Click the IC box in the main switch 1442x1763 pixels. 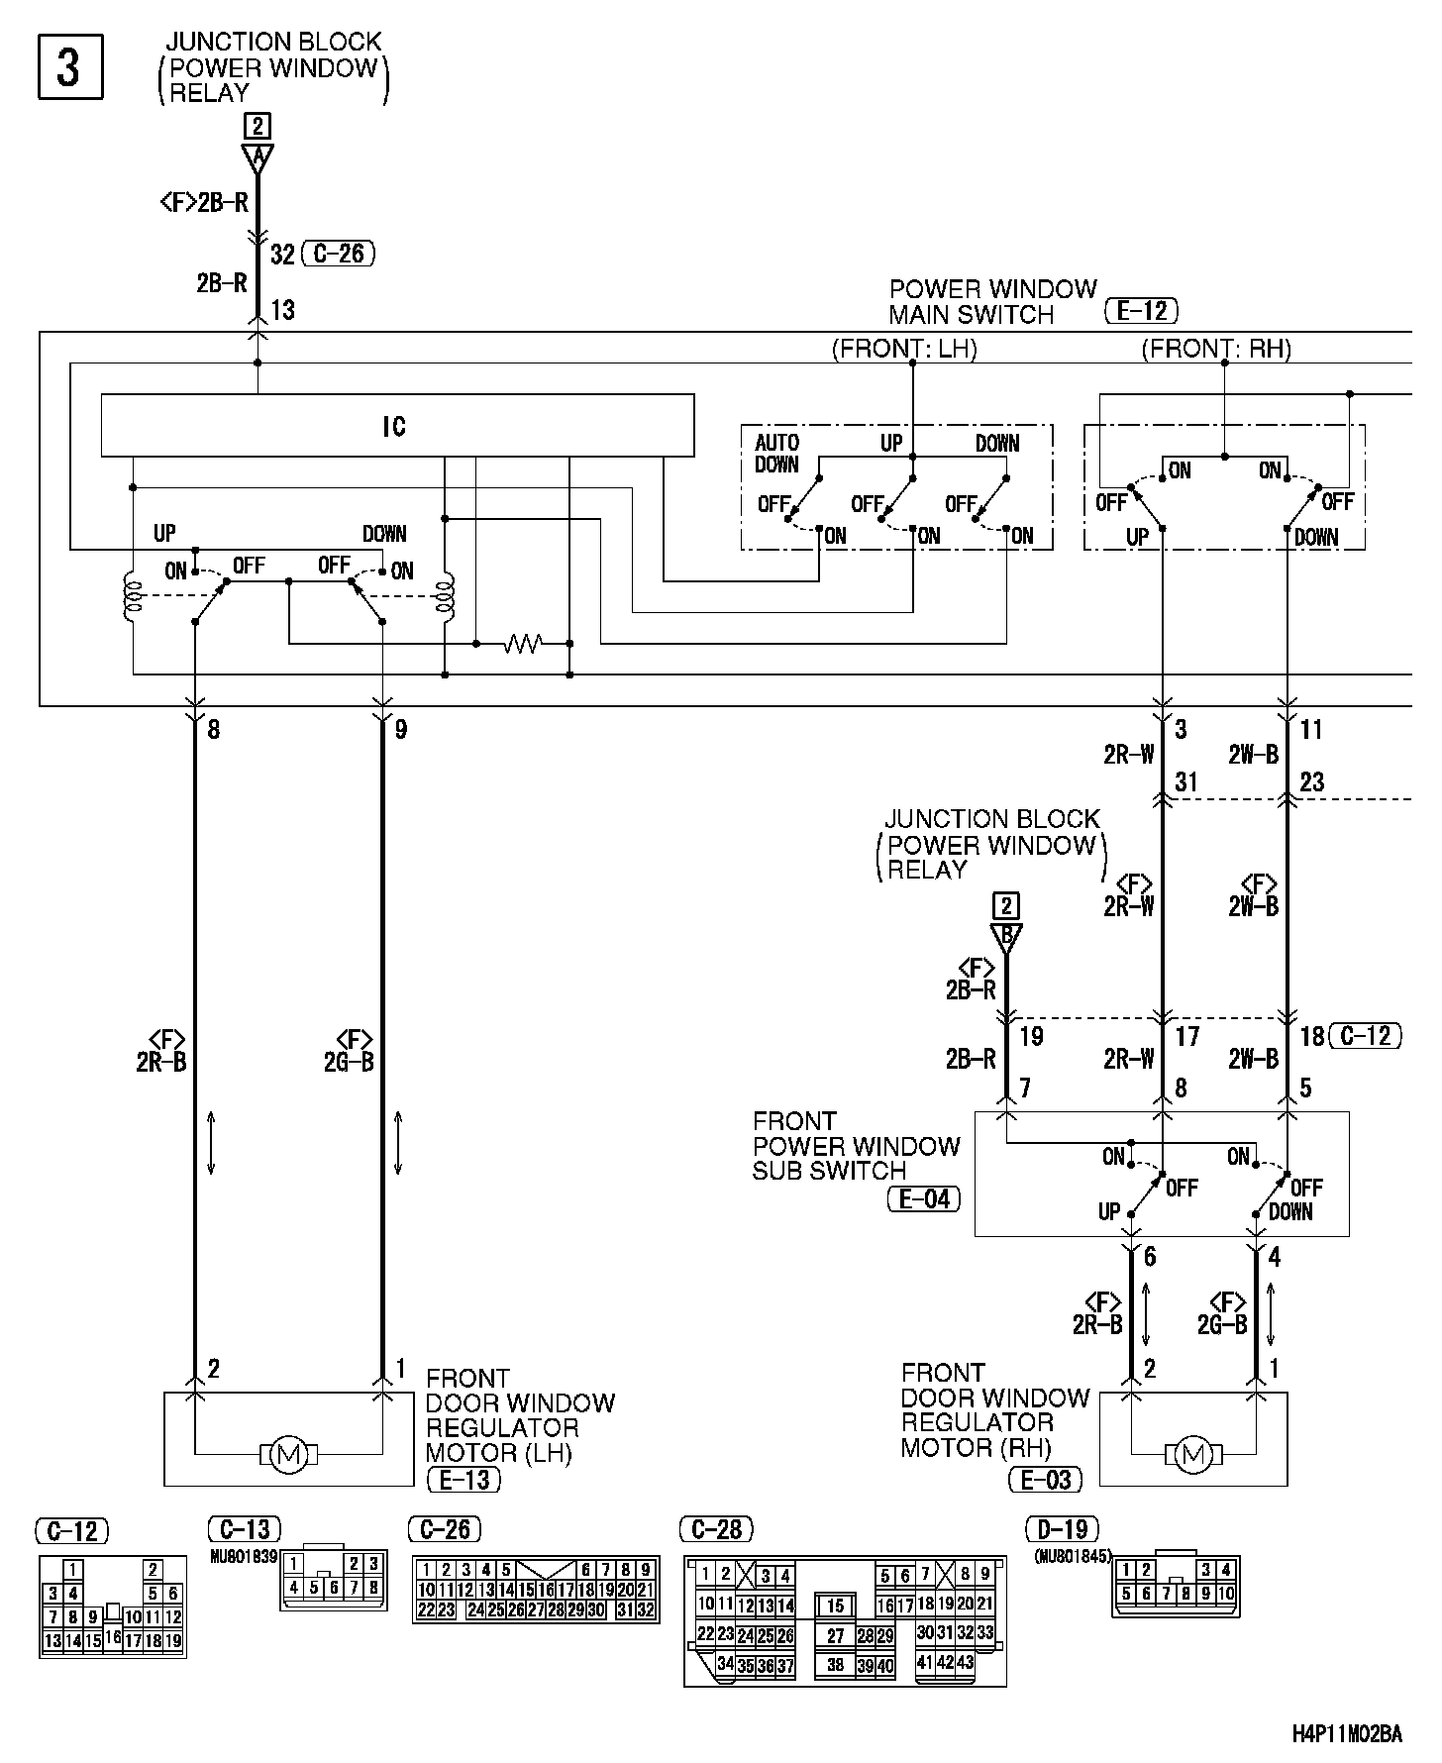[396, 426]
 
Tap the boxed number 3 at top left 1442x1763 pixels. [69, 67]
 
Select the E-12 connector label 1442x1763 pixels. [1141, 311]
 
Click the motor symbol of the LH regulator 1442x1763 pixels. [289, 1454]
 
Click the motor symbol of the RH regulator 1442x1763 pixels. [1192, 1454]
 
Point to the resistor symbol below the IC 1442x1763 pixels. [522, 644]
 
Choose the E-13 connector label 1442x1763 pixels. [463, 1480]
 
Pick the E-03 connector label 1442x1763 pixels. [1045, 1480]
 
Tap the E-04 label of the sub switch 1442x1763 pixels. [923, 1199]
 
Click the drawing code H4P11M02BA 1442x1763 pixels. [1347, 1733]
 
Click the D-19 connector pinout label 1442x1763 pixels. [1063, 1530]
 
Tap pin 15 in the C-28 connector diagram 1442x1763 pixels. [835, 1605]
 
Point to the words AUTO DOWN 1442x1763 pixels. [777, 453]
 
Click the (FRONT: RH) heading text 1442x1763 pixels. [1216, 349]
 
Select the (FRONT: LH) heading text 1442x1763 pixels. [903, 349]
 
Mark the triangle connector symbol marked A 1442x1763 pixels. [257, 157]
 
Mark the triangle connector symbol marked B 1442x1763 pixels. [1006, 936]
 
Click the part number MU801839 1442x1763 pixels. [243, 1556]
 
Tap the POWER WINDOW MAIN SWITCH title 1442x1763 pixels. [992, 301]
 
